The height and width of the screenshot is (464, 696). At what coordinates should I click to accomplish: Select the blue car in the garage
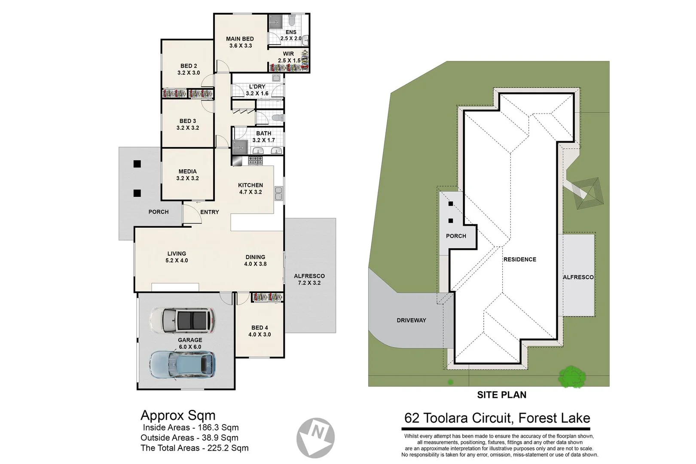(183, 365)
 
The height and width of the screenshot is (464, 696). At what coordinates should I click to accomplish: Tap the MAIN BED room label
(240, 42)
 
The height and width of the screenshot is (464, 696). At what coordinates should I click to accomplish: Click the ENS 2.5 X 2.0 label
(291, 35)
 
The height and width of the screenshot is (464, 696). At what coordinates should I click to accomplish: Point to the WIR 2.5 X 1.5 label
(289, 57)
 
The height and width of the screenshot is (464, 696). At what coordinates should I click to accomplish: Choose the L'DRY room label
(257, 90)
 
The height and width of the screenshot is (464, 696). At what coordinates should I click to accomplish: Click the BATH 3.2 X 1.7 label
(263, 137)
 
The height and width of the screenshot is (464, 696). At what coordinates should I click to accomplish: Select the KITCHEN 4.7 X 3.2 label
(250, 189)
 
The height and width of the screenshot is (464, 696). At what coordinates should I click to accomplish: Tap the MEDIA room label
(187, 175)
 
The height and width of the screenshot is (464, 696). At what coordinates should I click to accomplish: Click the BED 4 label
(259, 331)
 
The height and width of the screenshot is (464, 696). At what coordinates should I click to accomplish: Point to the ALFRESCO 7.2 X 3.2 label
(309, 279)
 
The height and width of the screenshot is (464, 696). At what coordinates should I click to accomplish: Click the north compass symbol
(316, 437)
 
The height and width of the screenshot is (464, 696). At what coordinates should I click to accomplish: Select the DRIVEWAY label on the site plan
(411, 320)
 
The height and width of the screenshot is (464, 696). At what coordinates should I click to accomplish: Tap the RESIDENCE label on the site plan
(520, 259)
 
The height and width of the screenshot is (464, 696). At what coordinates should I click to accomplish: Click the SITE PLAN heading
(501, 395)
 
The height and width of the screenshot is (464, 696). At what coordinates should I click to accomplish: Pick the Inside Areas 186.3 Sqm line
(190, 427)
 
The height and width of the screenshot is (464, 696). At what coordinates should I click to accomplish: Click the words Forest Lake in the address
(554, 418)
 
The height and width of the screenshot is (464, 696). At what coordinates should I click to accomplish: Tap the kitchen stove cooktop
(255, 161)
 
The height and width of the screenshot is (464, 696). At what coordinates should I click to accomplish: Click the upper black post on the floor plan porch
(137, 164)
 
